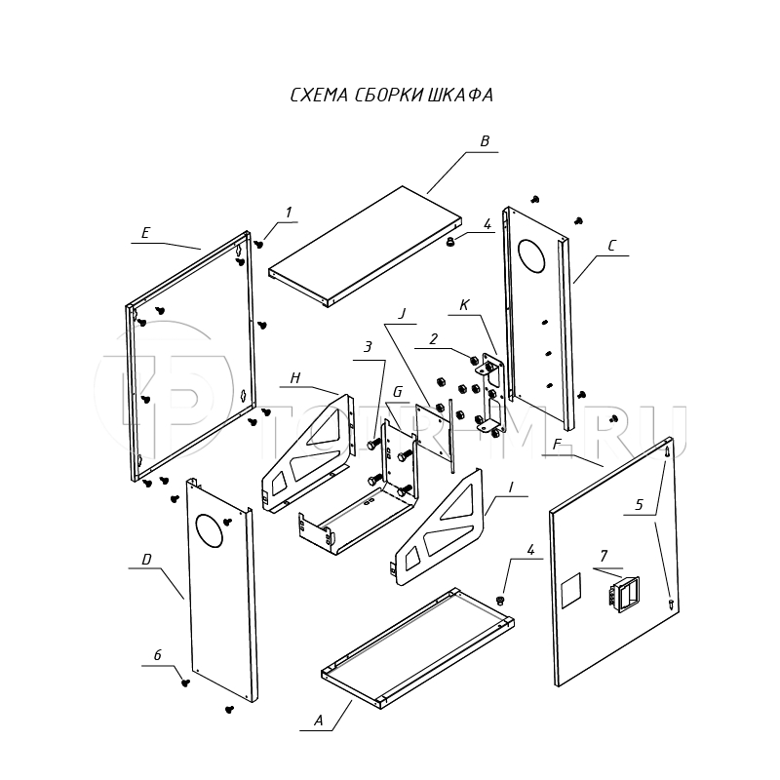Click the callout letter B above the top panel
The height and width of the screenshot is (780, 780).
pyautogui.click(x=484, y=141)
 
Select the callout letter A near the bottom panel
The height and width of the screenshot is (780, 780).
pyautogui.click(x=318, y=721)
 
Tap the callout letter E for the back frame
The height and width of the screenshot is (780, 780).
pyautogui.click(x=145, y=232)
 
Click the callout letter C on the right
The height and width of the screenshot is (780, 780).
pyautogui.click(x=611, y=246)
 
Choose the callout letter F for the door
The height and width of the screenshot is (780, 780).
pyautogui.click(x=556, y=445)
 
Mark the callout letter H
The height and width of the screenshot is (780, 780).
pyautogui.click(x=293, y=377)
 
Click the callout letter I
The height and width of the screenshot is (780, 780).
pyautogui.click(x=510, y=486)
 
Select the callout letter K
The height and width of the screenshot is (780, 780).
pyautogui.click(x=464, y=305)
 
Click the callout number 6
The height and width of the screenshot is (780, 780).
pyautogui.click(x=157, y=656)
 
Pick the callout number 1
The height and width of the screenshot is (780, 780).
pyautogui.click(x=289, y=212)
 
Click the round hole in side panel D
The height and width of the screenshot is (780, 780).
pyautogui.click(x=210, y=529)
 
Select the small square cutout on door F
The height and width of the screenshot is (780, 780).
pyautogui.click(x=570, y=589)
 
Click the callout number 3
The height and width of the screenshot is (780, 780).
pyautogui.click(x=368, y=347)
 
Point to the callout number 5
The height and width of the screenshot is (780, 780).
pyautogui.click(x=640, y=505)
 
